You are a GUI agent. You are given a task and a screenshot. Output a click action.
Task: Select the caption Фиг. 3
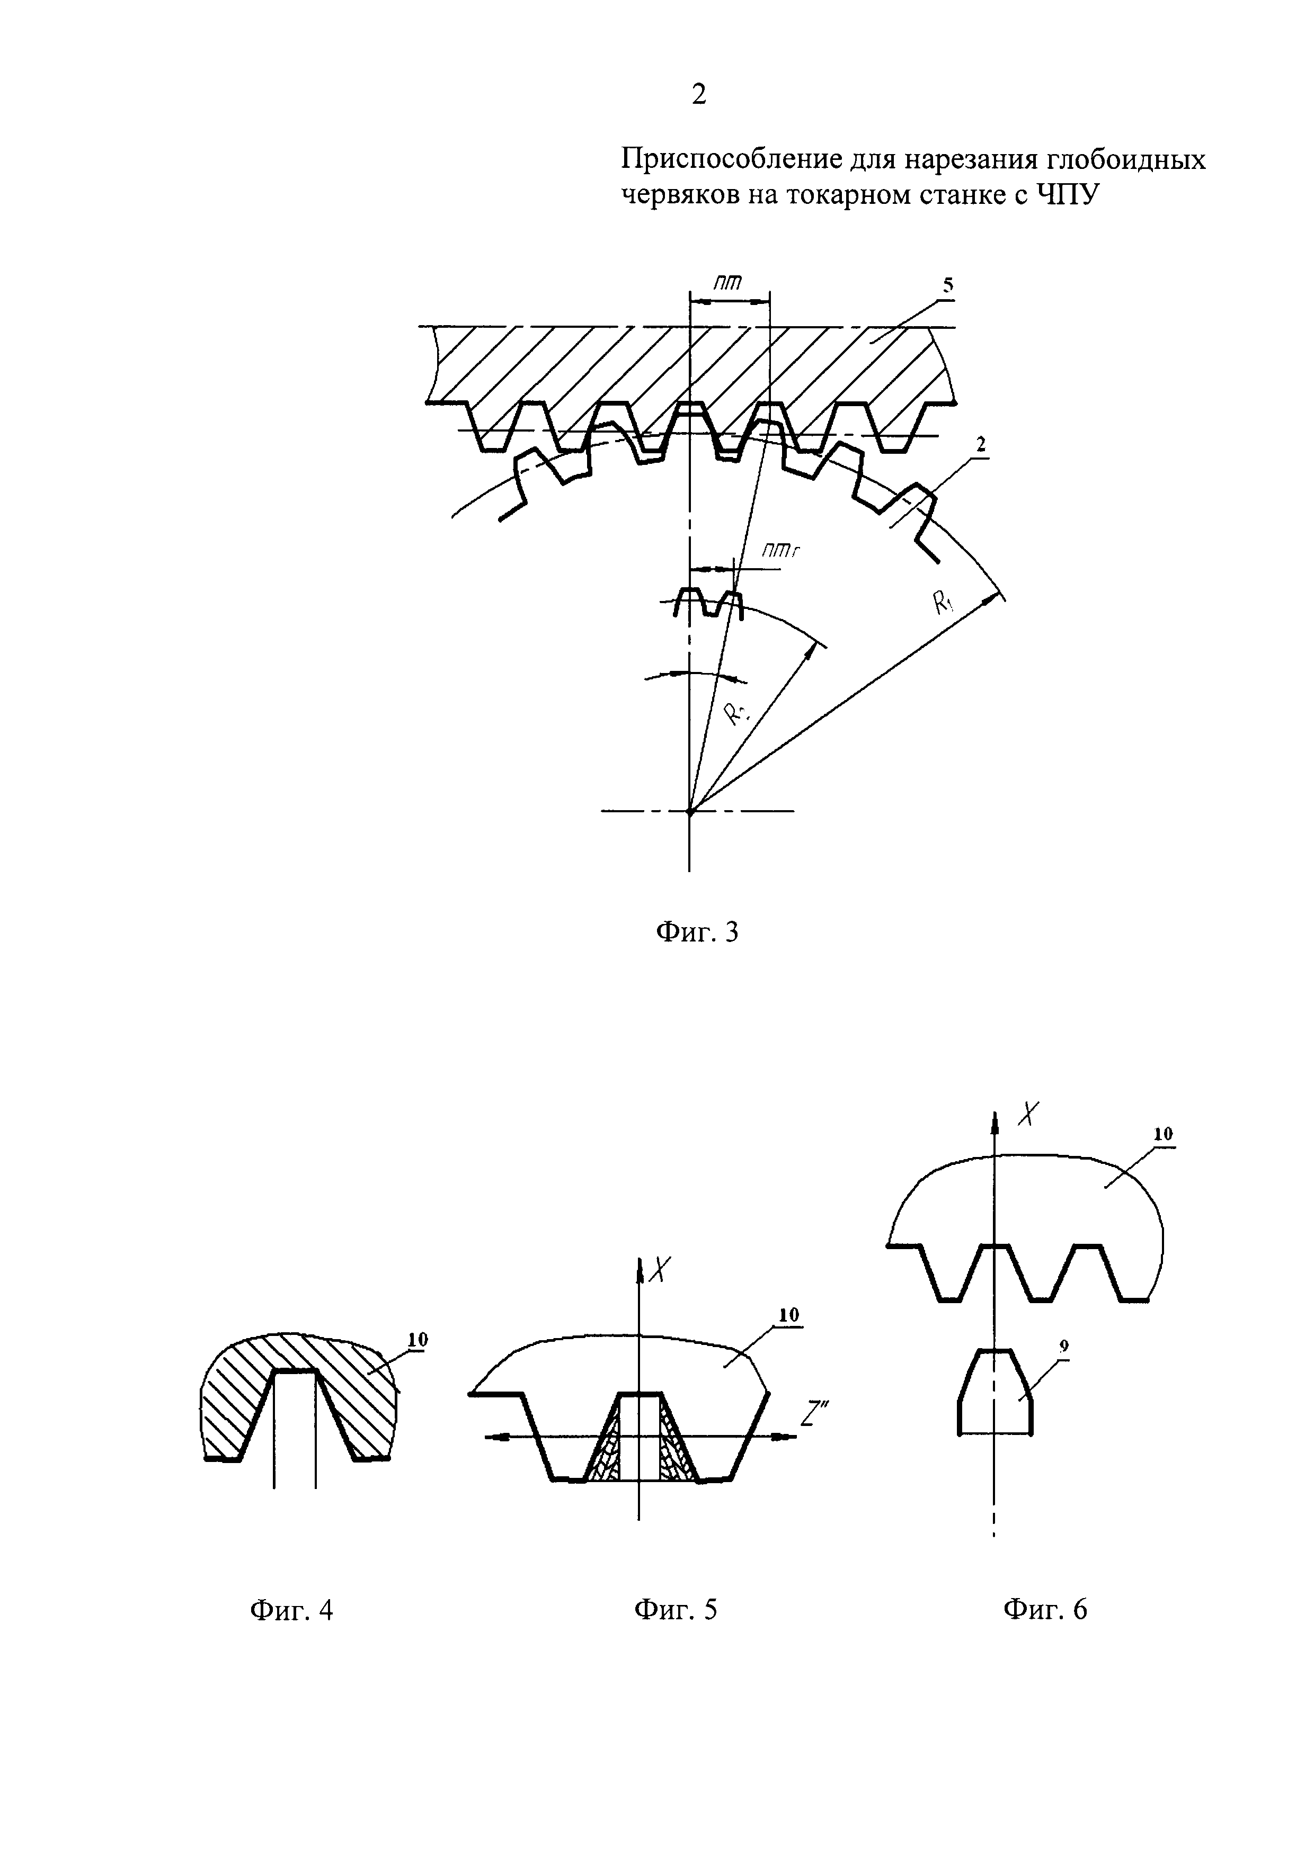tap(697, 932)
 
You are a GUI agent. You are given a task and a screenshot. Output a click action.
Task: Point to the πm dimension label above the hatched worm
tap(727, 282)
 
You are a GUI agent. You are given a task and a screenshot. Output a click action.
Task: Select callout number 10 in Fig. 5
tap(788, 1314)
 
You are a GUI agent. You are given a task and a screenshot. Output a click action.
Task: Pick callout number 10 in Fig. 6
tap(1162, 1134)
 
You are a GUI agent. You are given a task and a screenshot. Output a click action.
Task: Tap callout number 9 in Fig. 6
tap(1064, 1347)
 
